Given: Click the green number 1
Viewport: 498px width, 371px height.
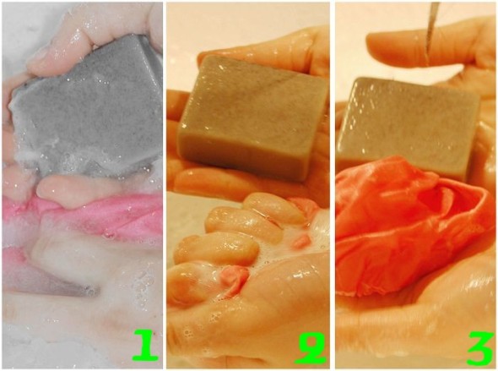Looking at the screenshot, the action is [x=145, y=345].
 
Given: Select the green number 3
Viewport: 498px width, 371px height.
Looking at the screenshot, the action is [x=480, y=348].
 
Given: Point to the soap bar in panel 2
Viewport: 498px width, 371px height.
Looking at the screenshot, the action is [x=251, y=117].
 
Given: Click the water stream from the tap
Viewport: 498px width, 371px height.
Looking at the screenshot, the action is [x=431, y=33].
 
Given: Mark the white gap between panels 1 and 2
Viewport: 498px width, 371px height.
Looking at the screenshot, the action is [x=165, y=185].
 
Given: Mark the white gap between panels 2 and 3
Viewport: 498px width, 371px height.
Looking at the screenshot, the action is [x=333, y=185].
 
